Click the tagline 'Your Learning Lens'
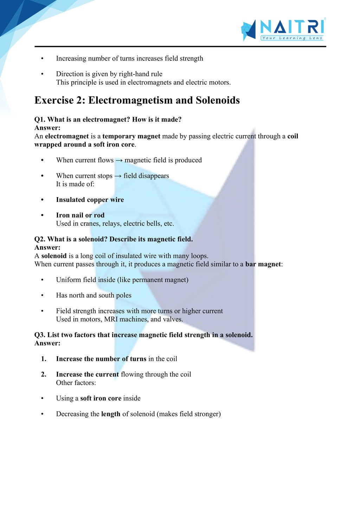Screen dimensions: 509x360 click(x=292, y=38)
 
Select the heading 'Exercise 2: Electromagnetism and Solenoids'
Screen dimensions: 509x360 click(x=137, y=100)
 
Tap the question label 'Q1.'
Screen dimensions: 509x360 click(x=40, y=119)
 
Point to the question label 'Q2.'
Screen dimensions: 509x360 click(x=40, y=239)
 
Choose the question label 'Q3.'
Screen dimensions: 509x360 click(x=40, y=335)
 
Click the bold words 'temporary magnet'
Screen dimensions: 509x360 click(x=131, y=136)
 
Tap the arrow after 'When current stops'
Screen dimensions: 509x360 click(x=118, y=176)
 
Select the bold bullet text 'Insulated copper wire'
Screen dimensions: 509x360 click(x=90, y=200)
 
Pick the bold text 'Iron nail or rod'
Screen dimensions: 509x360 click(x=80, y=215)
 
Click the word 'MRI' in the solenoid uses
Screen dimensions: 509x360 click(x=111, y=319)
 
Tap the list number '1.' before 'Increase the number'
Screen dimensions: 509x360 click(x=44, y=359)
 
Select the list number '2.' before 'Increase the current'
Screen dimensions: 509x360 click(x=44, y=374)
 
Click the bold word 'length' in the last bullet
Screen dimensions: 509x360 click(x=111, y=414)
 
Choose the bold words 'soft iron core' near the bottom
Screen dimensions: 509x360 click(x=101, y=398)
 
